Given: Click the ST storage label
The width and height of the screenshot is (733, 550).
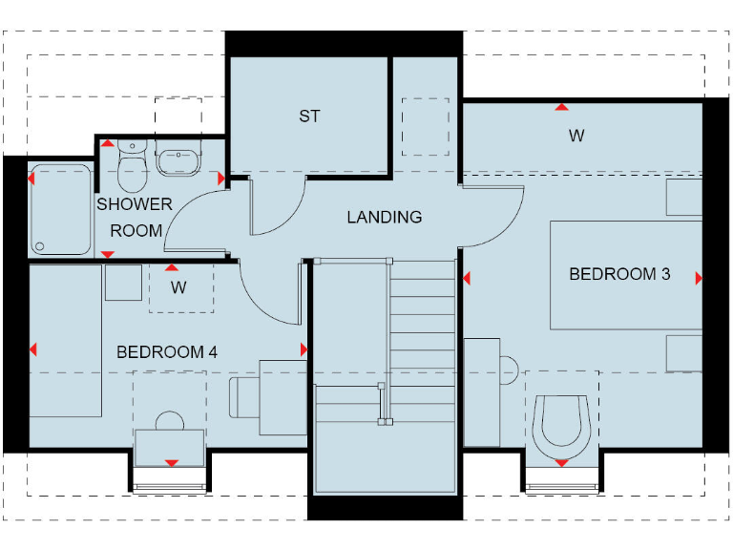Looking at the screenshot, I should (x=309, y=116).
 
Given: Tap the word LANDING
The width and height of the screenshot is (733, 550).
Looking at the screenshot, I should (x=384, y=218).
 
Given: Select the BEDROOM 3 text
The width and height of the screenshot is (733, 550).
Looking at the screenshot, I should (x=619, y=275).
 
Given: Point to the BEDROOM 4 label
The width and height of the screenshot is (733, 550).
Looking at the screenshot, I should (x=166, y=352).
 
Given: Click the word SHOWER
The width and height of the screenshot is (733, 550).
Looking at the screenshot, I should (x=135, y=204).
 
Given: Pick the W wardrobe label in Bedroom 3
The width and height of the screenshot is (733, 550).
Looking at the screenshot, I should (x=576, y=137).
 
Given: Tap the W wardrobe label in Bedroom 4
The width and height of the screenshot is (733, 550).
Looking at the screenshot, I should (x=178, y=286).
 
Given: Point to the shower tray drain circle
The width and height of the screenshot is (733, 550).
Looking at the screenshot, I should (x=40, y=245).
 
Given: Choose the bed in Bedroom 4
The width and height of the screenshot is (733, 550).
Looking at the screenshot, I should (x=65, y=340).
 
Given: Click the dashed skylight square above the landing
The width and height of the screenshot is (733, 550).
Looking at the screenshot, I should (x=426, y=126).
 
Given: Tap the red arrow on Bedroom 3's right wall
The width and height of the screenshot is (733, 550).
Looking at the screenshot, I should (x=699, y=278).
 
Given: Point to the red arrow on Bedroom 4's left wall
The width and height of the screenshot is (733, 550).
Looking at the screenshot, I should (x=33, y=349).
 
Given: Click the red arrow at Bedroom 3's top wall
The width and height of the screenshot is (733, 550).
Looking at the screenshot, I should (x=562, y=107).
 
